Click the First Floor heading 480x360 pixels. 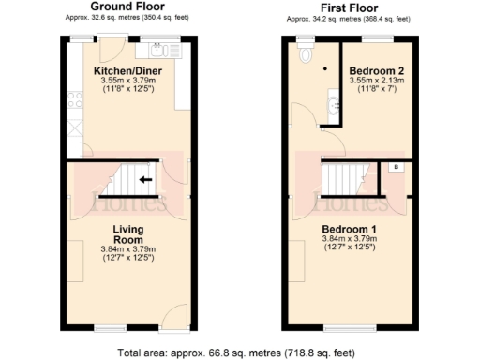click(x=348, y=7)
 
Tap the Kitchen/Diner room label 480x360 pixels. click(x=127, y=70)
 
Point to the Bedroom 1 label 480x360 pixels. click(x=349, y=230)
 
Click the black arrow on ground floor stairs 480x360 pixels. click(x=144, y=178)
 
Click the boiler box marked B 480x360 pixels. click(x=396, y=167)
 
